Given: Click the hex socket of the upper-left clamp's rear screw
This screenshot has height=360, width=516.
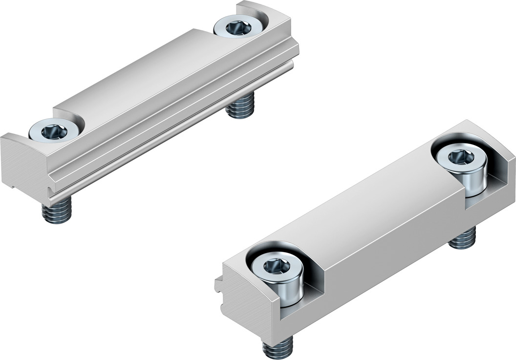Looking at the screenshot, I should [238, 27].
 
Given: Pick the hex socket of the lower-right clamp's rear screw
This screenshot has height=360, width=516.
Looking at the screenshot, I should [461, 157].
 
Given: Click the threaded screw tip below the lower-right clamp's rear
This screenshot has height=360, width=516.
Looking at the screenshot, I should [462, 237].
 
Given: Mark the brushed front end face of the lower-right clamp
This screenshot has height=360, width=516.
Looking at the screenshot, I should [244, 303].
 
